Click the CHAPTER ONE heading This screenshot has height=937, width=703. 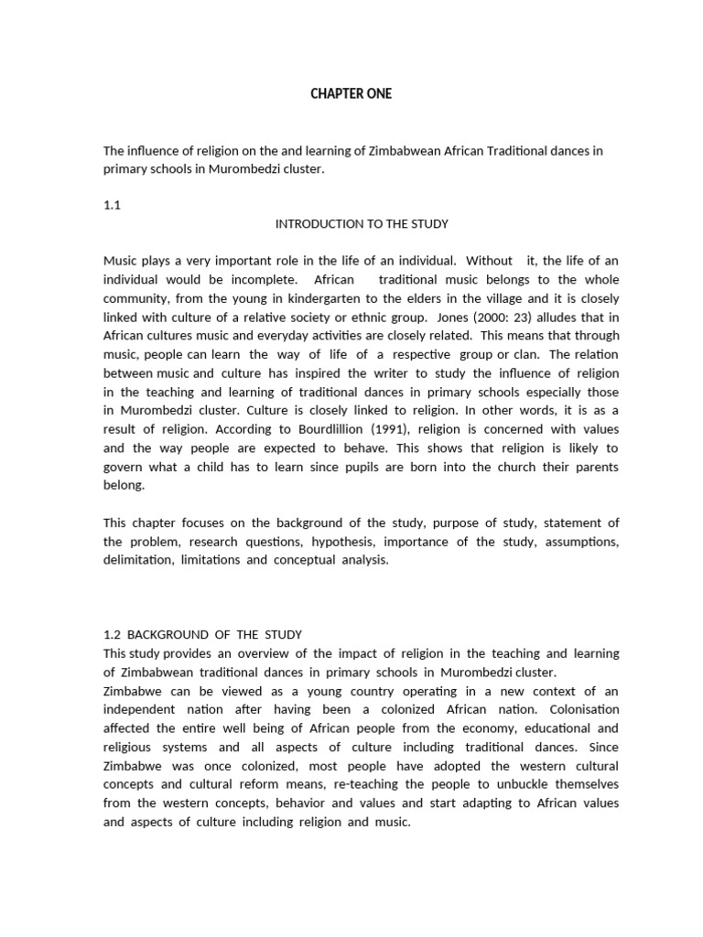[x=351, y=94]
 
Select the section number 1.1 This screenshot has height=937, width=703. [x=112, y=206]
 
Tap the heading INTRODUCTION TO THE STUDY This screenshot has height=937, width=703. [x=362, y=223]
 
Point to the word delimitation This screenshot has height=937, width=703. [x=135, y=560]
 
